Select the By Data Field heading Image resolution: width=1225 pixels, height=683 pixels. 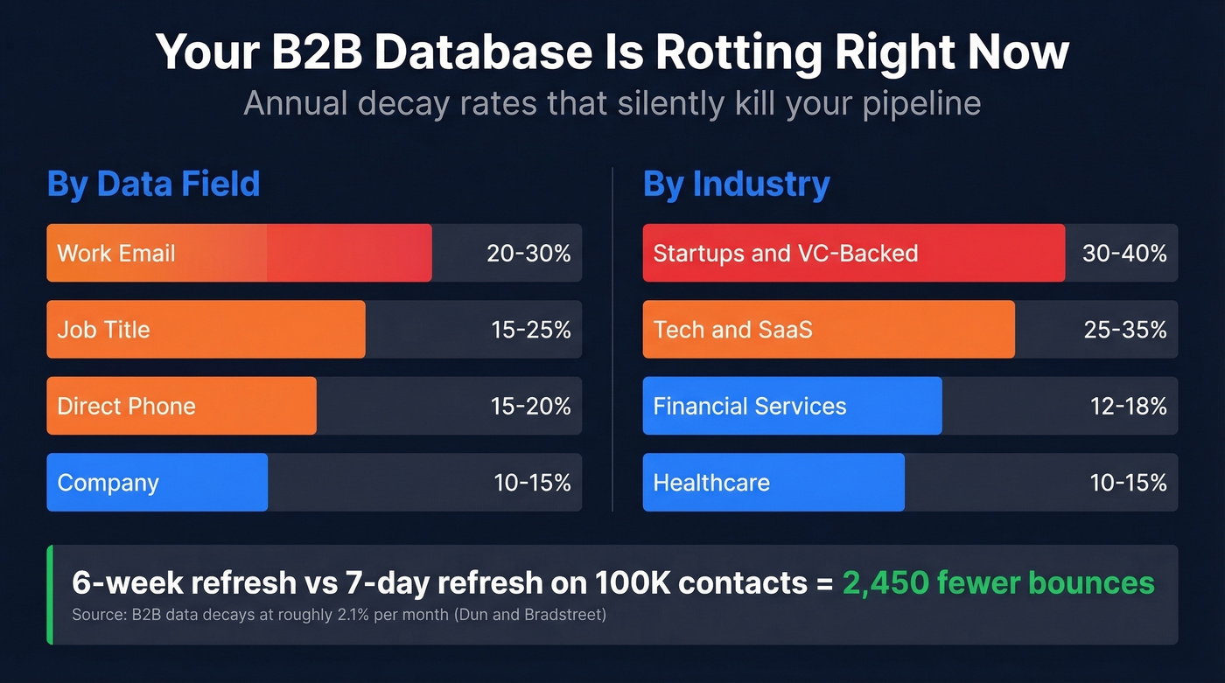pos(153,185)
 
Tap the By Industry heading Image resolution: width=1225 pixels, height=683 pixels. pos(736,185)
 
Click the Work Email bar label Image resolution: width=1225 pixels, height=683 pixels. pos(116,254)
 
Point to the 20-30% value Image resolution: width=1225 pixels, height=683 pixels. pos(528,254)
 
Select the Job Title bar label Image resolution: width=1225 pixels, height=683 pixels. pos(103,330)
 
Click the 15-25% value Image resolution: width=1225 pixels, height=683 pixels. pos(530,330)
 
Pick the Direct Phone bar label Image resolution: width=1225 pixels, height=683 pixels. pos(126,406)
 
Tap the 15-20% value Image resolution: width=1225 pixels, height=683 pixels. pos(530,406)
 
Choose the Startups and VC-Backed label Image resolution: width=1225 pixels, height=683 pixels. pos(786,254)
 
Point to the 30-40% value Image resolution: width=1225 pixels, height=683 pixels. pos(1124,254)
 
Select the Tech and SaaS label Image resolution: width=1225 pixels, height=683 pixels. pos(732,330)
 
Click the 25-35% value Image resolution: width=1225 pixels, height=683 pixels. pos(1124,330)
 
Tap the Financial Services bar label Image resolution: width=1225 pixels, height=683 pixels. pos(750,406)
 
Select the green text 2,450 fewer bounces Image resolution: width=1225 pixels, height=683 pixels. pos(998,582)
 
